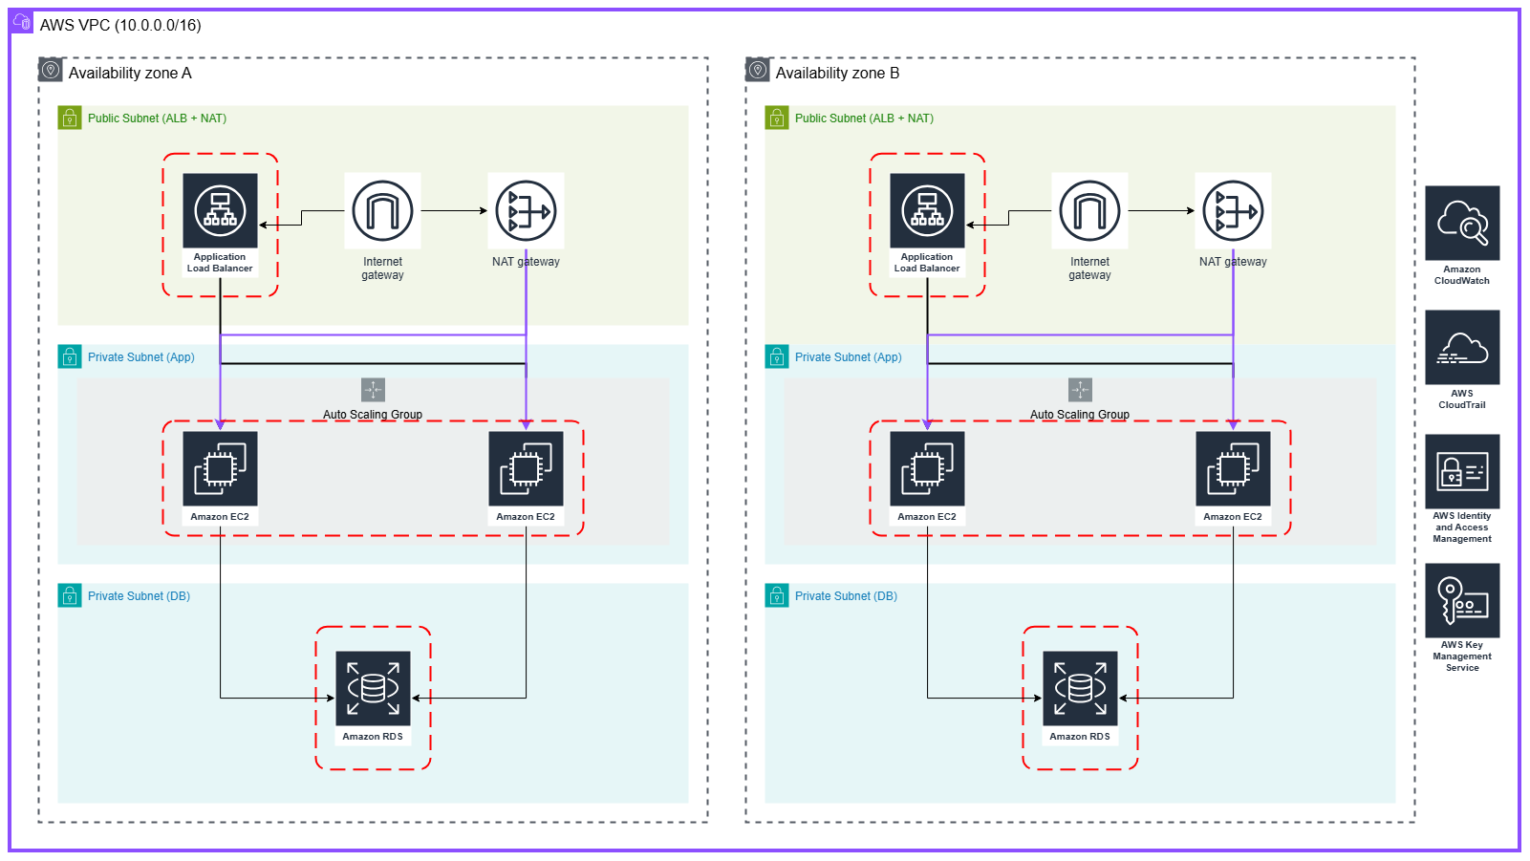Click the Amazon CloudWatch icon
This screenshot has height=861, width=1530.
tap(1462, 224)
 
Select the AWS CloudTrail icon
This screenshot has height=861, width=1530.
tap(1462, 348)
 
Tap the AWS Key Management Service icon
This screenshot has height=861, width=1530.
tap(1462, 600)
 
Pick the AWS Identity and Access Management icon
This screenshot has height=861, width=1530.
tap(1462, 472)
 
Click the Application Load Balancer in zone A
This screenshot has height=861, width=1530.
tap(220, 211)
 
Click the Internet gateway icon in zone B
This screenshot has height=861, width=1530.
tap(1089, 211)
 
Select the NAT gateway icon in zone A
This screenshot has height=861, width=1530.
tap(526, 211)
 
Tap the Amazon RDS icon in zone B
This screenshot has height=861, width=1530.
tap(1080, 689)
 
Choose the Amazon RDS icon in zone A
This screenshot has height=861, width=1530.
tap(373, 689)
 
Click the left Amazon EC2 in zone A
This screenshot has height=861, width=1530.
tap(220, 469)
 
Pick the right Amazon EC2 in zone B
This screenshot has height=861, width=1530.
tap(1233, 469)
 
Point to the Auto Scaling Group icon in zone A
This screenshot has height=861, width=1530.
tap(373, 390)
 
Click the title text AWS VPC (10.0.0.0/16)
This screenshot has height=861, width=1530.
tap(120, 26)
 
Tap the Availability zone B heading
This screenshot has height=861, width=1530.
tap(837, 74)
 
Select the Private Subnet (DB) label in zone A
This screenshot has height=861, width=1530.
tap(139, 596)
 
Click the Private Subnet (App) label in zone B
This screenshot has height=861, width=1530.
tap(848, 357)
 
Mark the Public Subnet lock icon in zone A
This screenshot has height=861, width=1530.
tap(70, 118)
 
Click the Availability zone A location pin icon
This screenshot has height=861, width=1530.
tap(51, 71)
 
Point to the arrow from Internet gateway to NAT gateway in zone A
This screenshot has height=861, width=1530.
tap(454, 211)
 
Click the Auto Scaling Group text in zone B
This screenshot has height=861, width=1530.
tap(1080, 415)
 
